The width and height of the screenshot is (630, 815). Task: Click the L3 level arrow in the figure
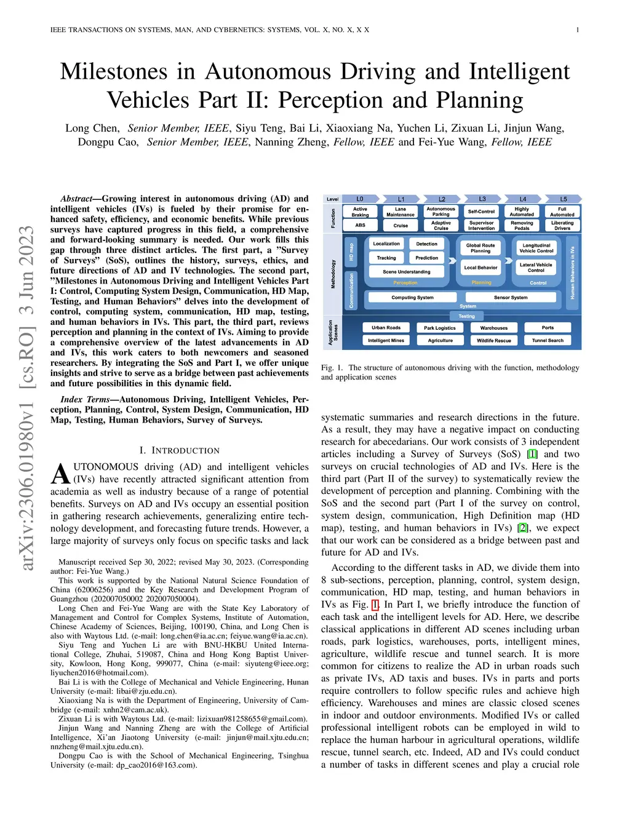[482, 199]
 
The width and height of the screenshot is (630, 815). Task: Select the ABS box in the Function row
[360, 225]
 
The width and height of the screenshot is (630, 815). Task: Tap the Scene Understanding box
[407, 271]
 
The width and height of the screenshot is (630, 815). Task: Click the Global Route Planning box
[480, 248]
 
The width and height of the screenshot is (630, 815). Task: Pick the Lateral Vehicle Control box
[536, 268]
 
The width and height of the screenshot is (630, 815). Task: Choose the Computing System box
[412, 298]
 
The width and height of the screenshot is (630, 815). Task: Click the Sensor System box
[511, 298]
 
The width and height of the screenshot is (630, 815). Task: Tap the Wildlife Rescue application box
[494, 341]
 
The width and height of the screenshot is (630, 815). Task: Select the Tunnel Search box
[548, 341]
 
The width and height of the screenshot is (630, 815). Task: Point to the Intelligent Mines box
[386, 341]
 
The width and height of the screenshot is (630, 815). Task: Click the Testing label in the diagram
[466, 316]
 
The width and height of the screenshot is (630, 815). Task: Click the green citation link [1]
[532, 454]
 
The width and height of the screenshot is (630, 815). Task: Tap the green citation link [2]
[522, 528]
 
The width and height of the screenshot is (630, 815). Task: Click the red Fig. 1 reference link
[375, 605]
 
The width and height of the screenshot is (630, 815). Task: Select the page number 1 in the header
[578, 30]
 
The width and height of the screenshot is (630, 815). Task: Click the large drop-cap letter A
[60, 474]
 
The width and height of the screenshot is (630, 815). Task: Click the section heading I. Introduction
[180, 450]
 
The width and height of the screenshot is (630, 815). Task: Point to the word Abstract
[76, 199]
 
